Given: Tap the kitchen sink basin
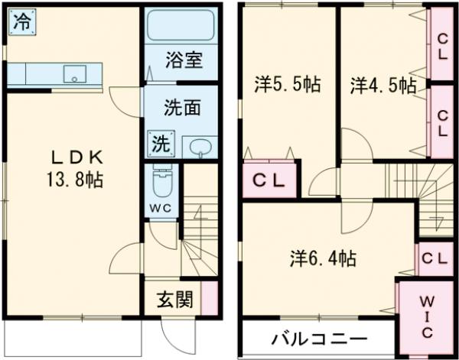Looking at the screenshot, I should click(75, 73).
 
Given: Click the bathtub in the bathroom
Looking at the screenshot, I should click(181, 28).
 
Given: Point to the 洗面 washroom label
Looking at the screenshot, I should click(181, 108).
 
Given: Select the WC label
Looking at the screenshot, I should click(161, 208).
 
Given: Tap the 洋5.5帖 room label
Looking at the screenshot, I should click(287, 86).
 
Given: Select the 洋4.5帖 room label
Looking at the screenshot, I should click(383, 86).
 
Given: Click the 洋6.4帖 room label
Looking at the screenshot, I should click(322, 258).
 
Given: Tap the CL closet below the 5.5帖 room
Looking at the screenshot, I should click(269, 181).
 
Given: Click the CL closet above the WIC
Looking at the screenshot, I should click(434, 259).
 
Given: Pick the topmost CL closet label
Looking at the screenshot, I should click(443, 47).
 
